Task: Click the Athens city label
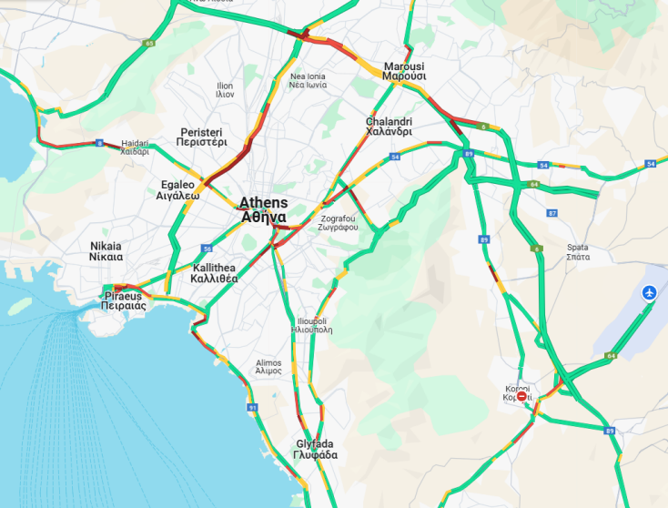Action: coord(264,210)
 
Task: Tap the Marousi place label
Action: coord(405,72)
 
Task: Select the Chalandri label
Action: coord(389,127)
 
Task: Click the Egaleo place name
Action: coord(177,189)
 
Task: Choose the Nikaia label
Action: coord(106,251)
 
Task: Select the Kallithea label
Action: coord(215,273)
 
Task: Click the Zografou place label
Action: coord(339,223)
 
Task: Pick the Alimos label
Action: coord(268,367)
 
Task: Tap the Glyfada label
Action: coord(317,449)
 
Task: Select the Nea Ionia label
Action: coord(308,80)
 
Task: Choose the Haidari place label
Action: coord(134,147)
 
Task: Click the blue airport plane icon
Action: coord(648,292)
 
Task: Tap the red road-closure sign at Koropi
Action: coord(521,396)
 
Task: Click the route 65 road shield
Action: coord(148,43)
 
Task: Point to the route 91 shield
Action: coord(251,407)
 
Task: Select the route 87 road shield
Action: coord(552,213)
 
